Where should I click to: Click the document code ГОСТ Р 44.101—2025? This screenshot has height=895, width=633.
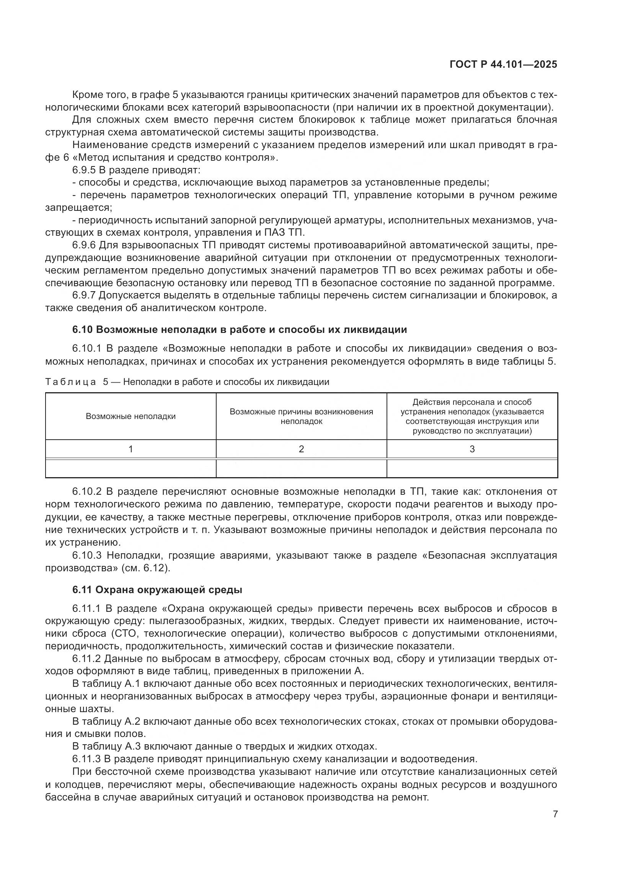tap(503, 64)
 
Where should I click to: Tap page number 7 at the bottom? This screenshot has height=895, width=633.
tap(555, 814)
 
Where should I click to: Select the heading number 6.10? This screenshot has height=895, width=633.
tap(82, 330)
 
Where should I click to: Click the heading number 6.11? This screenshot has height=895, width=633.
tap(82, 590)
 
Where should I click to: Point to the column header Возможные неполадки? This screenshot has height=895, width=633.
tap(131, 416)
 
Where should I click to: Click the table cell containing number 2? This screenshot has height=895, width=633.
tap(301, 449)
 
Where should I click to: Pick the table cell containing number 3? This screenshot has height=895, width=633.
tap(472, 449)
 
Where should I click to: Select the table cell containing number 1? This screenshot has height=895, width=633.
tap(131, 449)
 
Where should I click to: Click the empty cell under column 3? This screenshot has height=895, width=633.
tap(472, 468)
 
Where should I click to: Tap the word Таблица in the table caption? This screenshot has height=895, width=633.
tap(70, 382)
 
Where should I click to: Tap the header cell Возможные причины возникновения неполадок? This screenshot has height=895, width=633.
tap(301, 416)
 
